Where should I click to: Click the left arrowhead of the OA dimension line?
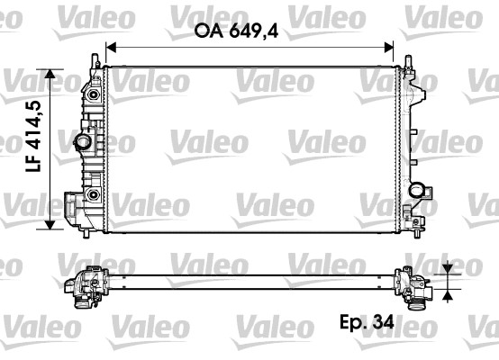[111, 49]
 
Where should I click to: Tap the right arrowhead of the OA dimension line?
[390, 49]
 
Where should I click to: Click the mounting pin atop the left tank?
[94, 59]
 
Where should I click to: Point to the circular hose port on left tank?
[83, 143]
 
